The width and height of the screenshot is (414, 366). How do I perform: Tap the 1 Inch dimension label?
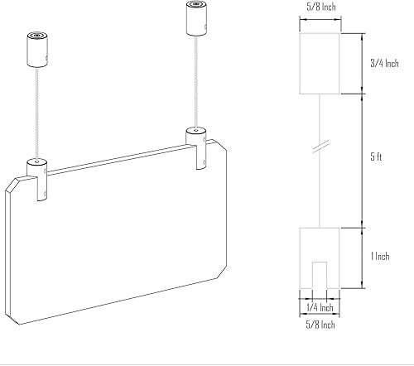tap(380, 258)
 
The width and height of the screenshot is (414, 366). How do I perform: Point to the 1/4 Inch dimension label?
tap(319, 306)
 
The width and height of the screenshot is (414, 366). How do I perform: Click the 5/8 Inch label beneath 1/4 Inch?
tap(319, 325)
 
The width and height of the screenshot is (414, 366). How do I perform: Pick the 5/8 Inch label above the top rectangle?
tap(319, 8)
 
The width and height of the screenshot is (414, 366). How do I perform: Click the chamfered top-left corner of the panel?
tap(12, 182)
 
